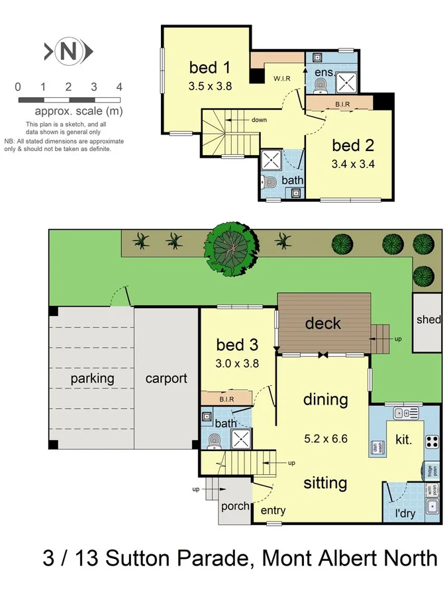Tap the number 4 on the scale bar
point(119,87)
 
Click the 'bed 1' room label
point(210,68)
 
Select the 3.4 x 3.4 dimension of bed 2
point(353,165)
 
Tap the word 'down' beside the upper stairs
point(259,120)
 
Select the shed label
point(428,320)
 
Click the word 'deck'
point(323,323)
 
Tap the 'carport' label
point(166,379)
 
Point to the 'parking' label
point(93,379)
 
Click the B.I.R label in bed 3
point(226,399)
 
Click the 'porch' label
point(235,506)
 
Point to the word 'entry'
point(273,511)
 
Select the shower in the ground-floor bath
point(241,438)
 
